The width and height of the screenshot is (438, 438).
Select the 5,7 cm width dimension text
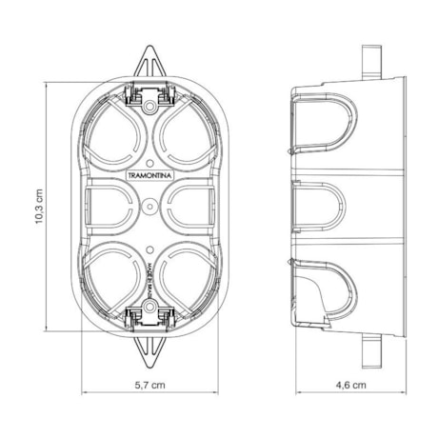[151, 386]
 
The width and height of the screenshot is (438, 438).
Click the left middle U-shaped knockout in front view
[109, 204]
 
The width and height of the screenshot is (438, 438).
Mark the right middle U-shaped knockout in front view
[194, 204]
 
